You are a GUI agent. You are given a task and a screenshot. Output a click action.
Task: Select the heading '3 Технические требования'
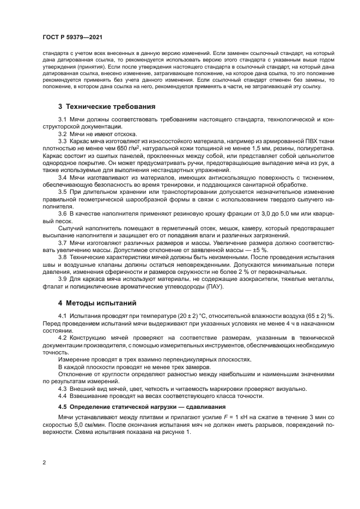pyautogui.click(x=107, y=106)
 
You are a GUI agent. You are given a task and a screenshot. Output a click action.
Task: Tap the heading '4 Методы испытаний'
pyautogui.click(x=97, y=302)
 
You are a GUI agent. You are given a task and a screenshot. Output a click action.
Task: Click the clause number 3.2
pyautogui.click(x=62, y=134)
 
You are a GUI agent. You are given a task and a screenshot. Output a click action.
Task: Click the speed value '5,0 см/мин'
pyautogui.click(x=82, y=425)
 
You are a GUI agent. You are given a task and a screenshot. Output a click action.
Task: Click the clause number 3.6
pyautogui.click(x=62, y=212)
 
